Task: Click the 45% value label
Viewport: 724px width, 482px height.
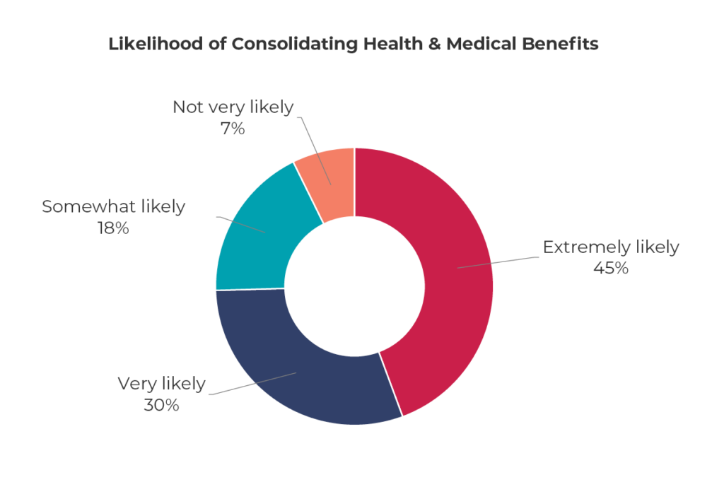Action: pyautogui.click(x=610, y=268)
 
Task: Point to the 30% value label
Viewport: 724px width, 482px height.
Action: pyautogui.click(x=161, y=405)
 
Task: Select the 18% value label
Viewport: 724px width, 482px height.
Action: pyautogui.click(x=113, y=228)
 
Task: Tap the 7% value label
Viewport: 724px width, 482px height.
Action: pyautogui.click(x=233, y=129)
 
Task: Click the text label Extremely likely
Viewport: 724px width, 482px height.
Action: pyautogui.click(x=610, y=247)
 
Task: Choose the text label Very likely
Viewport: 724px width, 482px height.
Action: pyautogui.click(x=161, y=384)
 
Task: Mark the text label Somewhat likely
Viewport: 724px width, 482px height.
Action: pyautogui.click(x=113, y=206)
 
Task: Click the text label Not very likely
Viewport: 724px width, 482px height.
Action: pyautogui.click(x=233, y=107)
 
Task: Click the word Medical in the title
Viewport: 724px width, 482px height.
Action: pyautogui.click(x=479, y=44)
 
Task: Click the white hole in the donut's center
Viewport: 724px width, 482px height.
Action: pyautogui.click(x=354, y=286)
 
